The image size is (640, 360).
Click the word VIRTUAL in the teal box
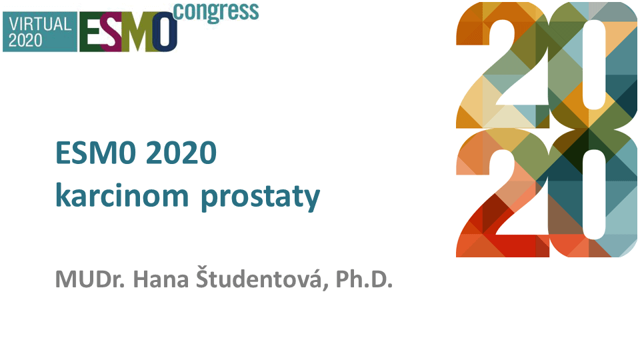click(x=40, y=24)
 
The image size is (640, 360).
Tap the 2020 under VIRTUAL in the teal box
click(x=25, y=41)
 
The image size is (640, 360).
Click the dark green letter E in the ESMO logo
click(x=91, y=32)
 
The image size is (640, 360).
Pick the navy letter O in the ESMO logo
click(x=165, y=32)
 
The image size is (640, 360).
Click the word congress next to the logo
click(x=216, y=12)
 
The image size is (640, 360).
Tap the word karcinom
click(x=122, y=195)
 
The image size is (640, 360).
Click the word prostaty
click(x=261, y=197)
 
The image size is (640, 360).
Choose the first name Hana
click(x=161, y=279)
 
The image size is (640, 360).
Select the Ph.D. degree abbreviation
click(x=364, y=279)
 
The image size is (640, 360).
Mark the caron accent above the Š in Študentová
click(x=203, y=267)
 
